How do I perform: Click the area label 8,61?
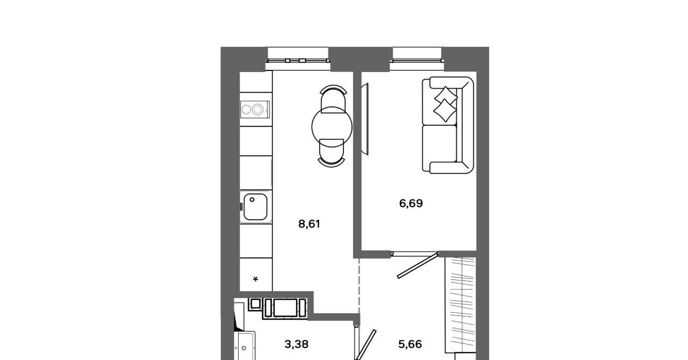pos(309,224)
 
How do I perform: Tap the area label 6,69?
pos(411,203)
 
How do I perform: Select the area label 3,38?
pos(296,344)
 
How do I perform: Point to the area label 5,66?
pos(410,344)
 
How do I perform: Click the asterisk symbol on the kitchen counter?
pos(255,279)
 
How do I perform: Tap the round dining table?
pos(332,127)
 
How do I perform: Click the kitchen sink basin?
pos(255,207)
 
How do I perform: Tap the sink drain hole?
pos(252,200)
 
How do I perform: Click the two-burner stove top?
pos(255,109)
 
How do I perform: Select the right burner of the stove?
pos(257,110)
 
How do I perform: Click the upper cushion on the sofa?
pos(446,95)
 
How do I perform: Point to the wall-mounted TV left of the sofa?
pos(365,119)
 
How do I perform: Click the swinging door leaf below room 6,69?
pos(418,265)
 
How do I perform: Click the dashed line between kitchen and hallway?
pos(359,286)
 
